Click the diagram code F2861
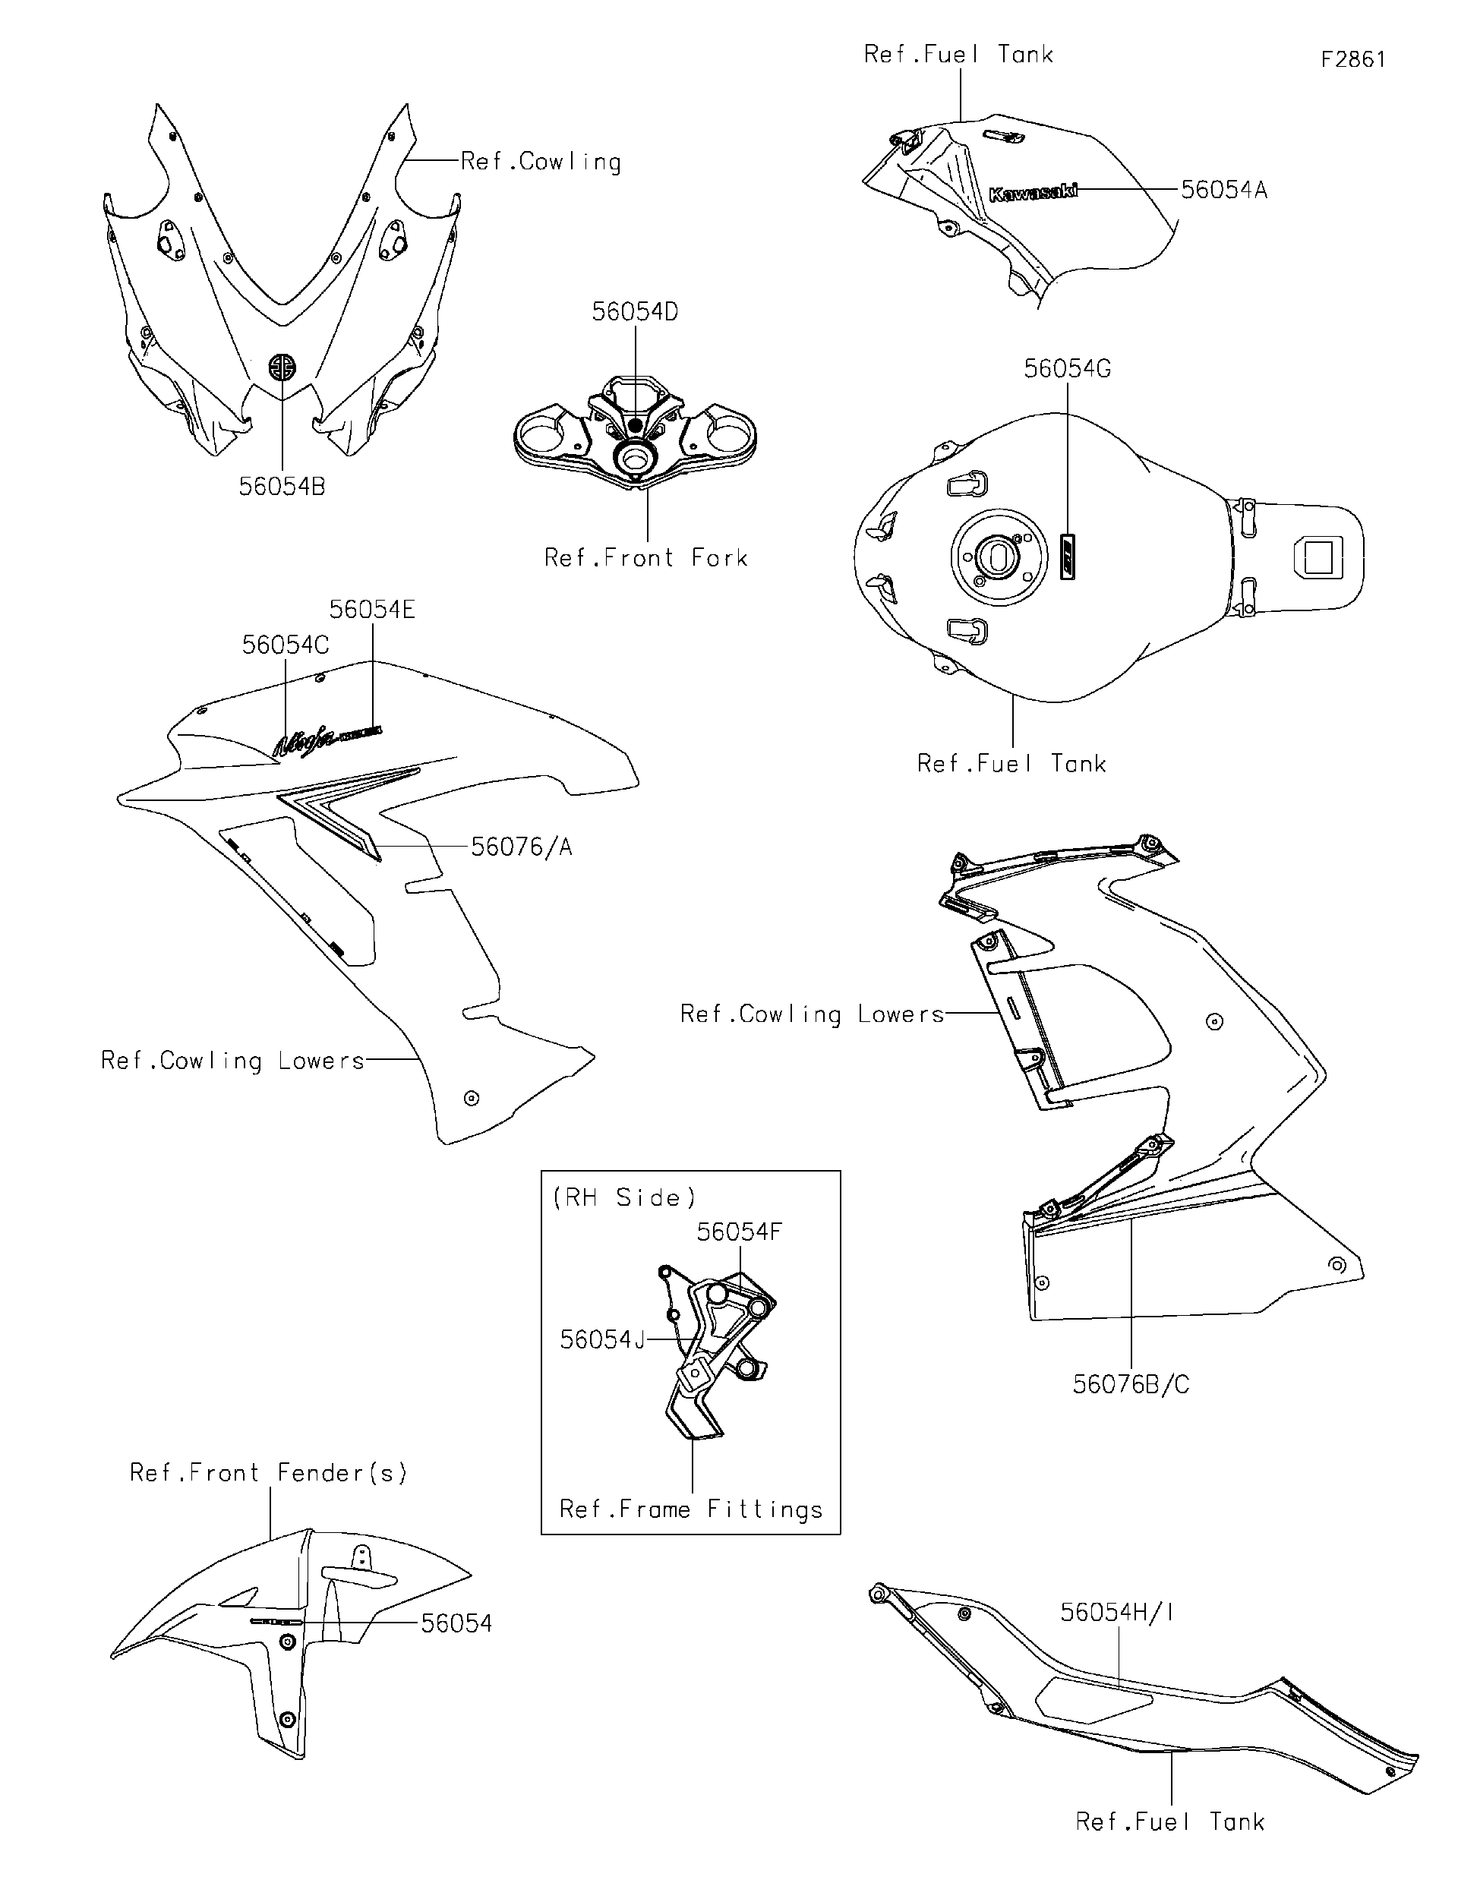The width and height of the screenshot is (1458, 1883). pyautogui.click(x=1352, y=59)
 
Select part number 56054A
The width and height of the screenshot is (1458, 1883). pyautogui.click(x=1223, y=191)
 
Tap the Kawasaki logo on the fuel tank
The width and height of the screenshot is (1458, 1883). pyautogui.click(x=1032, y=193)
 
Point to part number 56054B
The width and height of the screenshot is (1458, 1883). pyautogui.click(x=282, y=487)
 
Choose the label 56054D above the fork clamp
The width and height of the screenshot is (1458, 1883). pyautogui.click(x=635, y=312)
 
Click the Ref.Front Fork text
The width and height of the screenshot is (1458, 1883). pyautogui.click(x=645, y=558)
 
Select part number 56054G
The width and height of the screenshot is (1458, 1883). pyautogui.click(x=1067, y=369)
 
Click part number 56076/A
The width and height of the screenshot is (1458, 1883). pyautogui.click(x=521, y=847)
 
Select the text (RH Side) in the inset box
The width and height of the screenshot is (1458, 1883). pyautogui.click(x=623, y=1197)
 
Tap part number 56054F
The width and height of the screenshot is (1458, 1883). pyautogui.click(x=739, y=1232)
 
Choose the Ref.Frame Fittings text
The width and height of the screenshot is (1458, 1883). pyautogui.click(x=690, y=1509)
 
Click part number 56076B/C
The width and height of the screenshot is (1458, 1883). pyautogui.click(x=1131, y=1385)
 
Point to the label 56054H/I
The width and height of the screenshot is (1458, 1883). pyautogui.click(x=1116, y=1612)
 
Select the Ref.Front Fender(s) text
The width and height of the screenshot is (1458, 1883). pyautogui.click(x=268, y=1472)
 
